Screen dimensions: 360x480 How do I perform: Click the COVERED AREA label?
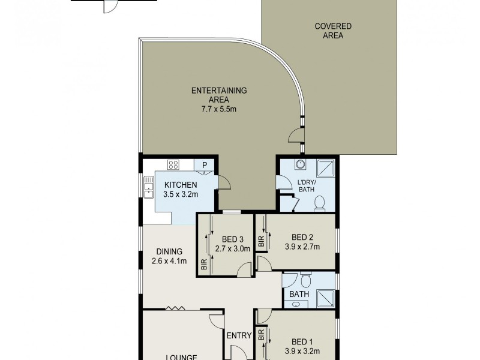333,31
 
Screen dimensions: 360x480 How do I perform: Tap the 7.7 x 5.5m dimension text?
219,109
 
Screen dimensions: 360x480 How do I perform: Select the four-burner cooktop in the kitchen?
174,165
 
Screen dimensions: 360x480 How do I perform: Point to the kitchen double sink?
148,186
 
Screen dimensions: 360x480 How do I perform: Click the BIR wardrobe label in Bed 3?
204,264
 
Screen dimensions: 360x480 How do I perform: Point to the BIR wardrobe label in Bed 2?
260,242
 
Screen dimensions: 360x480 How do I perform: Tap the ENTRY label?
239,336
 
